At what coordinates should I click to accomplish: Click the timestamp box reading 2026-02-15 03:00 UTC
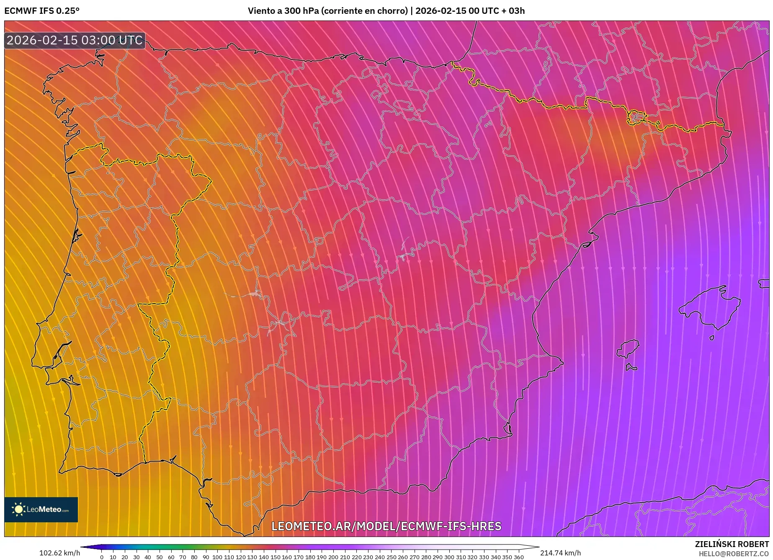[75, 40]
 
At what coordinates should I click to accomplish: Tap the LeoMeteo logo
[41, 509]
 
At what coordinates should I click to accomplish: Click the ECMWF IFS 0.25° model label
[42, 11]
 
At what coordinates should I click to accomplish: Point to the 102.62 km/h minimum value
[59, 553]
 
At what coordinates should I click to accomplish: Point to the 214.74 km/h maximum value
[560, 553]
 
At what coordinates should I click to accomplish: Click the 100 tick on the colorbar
[217, 557]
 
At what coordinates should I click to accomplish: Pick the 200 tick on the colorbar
[333, 557]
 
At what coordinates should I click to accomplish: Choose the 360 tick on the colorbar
[518, 557]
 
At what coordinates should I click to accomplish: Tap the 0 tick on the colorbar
[101, 557]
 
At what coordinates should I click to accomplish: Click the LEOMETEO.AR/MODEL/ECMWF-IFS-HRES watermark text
[386, 526]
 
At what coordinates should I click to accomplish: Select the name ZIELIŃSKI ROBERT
[732, 545]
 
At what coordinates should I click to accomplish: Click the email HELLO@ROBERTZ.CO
[734, 554]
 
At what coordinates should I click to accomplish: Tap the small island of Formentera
[631, 367]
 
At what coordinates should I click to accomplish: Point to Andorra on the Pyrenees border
[636, 118]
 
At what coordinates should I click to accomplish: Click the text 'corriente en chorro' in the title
[364, 11]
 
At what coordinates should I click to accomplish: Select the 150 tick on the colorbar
[275, 557]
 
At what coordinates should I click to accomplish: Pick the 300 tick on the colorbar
[449, 557]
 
